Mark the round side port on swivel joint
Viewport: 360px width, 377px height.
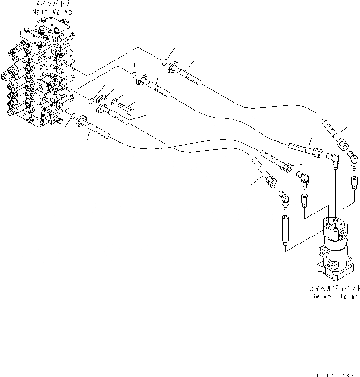(344, 232)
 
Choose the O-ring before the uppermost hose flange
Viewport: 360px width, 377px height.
(165, 61)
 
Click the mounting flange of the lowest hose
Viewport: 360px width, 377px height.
(81, 120)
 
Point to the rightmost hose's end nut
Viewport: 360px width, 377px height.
(344, 146)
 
